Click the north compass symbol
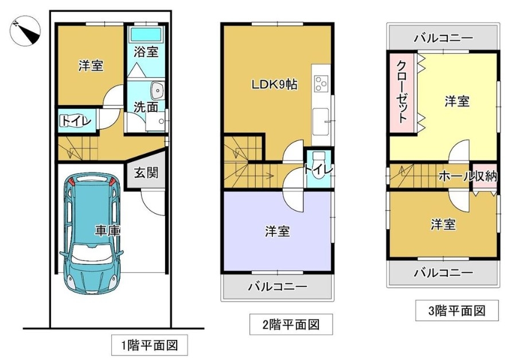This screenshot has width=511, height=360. coord(25,30)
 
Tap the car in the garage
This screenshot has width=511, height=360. coord(91,233)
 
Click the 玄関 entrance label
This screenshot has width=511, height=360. coord(146,173)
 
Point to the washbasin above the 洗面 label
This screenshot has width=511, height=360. coord(157,89)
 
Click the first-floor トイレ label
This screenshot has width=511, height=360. coord(76,121)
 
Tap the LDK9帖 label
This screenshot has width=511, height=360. coord(274,85)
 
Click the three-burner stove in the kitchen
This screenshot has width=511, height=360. coord(321,83)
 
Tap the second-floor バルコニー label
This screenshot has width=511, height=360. coord(278,287)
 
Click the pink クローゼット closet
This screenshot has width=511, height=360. coord(402,92)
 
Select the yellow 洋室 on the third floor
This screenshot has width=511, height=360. coord(457,104)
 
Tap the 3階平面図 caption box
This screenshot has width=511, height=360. coord(457,311)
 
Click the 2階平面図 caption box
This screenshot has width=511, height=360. coord(291,324)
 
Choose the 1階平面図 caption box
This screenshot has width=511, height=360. coord(150,345)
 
